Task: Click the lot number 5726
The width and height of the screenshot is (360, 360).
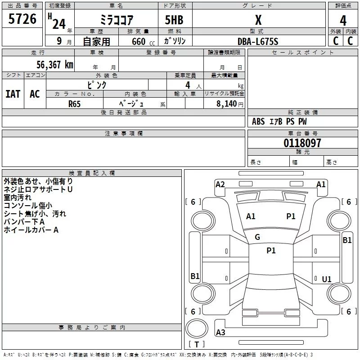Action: (22, 19)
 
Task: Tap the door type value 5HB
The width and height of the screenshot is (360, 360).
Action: (174, 20)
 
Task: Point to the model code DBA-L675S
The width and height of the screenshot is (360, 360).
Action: (258, 41)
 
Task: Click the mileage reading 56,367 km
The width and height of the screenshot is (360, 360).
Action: (54, 65)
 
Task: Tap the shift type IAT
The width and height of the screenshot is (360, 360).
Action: (13, 94)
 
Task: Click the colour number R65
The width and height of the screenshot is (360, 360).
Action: (74, 103)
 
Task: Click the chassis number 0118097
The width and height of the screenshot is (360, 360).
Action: (302, 143)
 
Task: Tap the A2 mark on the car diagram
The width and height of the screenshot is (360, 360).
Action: (220, 184)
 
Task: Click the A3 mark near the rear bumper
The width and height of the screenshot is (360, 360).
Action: (220, 333)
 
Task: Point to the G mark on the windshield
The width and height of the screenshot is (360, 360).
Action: (257, 237)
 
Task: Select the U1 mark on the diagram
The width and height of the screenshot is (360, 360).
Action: (327, 279)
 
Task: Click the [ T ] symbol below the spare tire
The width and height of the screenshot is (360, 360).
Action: (197, 344)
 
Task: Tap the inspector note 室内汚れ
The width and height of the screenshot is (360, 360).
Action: (18, 198)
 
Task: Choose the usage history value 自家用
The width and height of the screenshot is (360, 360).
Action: (96, 41)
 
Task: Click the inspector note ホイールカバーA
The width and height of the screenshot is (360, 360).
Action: (31, 230)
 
